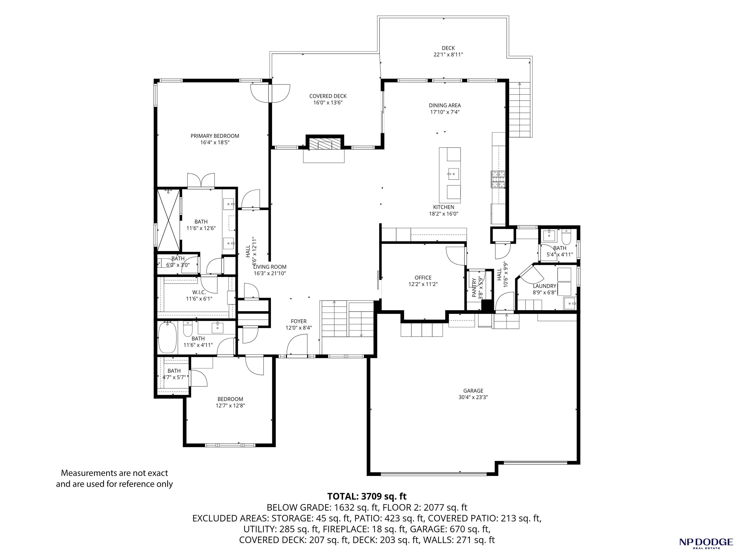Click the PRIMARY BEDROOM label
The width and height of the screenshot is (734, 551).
tap(215, 136)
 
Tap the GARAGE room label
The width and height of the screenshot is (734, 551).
tap(473, 391)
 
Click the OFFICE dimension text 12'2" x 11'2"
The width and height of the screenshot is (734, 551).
tap(423, 284)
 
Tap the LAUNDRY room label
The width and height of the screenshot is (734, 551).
tap(545, 286)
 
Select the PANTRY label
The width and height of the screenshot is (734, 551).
tap(474, 288)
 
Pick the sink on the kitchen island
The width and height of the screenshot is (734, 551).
tap(453, 174)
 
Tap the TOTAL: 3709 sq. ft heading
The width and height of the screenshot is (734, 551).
tap(367, 496)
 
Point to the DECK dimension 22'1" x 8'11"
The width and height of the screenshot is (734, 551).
tap(448, 55)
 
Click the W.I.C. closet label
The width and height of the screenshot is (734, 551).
tap(199, 292)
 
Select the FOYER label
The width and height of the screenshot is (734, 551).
tap(299, 321)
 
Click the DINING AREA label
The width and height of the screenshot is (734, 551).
tap(445, 105)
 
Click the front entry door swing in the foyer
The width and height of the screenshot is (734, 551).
tap(297, 345)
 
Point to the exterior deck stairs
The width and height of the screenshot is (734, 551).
tap(520, 110)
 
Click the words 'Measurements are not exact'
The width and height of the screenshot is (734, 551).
tap(114, 473)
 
